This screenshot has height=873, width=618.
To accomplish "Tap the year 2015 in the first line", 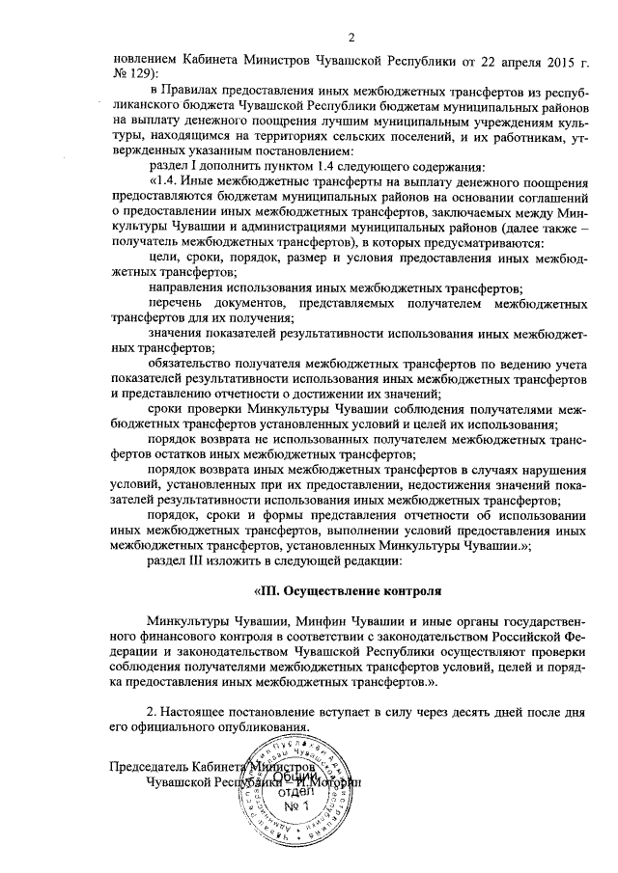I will click(536, 58).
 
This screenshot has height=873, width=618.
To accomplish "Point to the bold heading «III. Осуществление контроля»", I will click(335, 589).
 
